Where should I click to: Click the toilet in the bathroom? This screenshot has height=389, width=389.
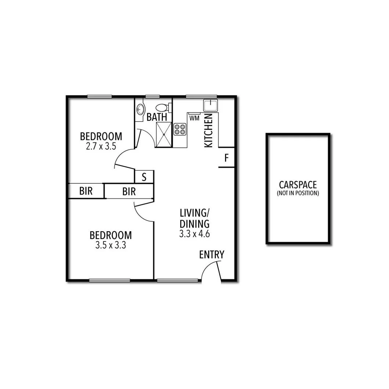tap(162, 108)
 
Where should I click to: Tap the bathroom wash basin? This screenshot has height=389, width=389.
tap(140, 109)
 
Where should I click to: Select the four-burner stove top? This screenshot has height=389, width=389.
tap(180, 129)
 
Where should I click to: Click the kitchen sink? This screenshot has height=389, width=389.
tap(211, 105)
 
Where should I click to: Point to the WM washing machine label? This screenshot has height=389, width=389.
tap(194, 118)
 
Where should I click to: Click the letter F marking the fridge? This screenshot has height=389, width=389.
tap(226, 159)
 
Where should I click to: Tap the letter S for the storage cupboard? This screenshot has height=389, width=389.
tap(144, 177)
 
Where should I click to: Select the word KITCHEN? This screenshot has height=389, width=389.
tap(208, 131)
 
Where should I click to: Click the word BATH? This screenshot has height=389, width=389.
tap(157, 117)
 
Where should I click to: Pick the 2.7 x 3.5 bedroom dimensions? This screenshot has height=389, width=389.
tap(101, 146)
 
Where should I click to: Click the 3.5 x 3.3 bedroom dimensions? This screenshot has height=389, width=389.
tap(110, 245)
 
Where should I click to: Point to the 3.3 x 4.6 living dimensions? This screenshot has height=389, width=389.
tap(194, 234)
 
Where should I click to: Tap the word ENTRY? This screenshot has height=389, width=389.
tap(212, 255)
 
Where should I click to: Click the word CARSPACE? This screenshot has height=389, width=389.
tap(298, 185)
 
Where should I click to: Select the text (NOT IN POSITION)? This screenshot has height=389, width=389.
tap(298, 193)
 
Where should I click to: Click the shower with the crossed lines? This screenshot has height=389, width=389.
tap(164, 135)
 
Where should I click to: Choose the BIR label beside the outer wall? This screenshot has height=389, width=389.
tap(86, 191)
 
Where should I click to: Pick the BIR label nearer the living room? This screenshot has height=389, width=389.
tap(129, 191)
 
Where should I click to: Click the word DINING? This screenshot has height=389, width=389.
tap(194, 223)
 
